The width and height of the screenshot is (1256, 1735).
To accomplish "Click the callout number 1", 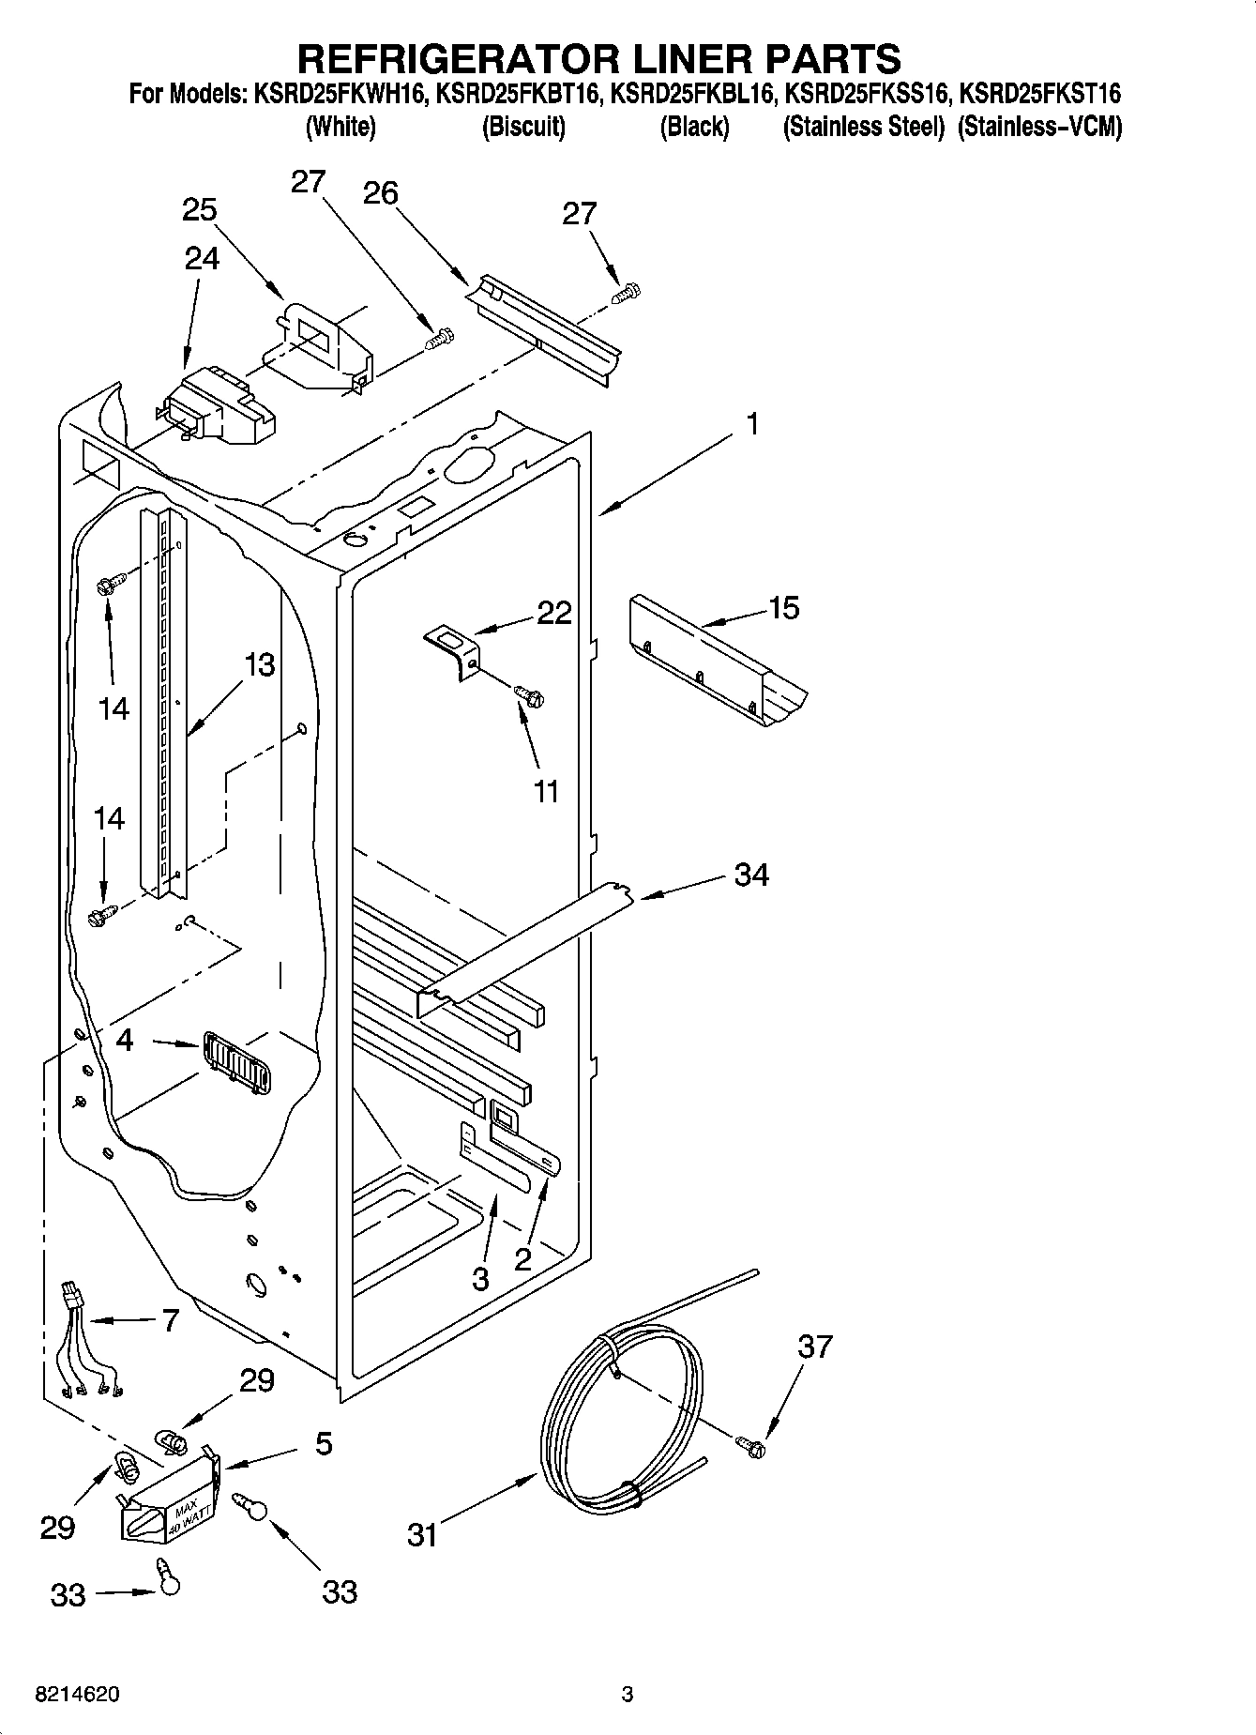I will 752,424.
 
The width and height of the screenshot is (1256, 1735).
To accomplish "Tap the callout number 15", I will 784,608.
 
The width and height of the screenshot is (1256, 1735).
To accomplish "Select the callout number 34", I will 751,875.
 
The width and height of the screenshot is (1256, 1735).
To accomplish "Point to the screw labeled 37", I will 750,1447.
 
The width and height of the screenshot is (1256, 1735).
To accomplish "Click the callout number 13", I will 260,665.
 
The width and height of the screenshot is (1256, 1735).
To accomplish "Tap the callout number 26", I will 381,193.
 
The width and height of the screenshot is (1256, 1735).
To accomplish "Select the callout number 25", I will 200,210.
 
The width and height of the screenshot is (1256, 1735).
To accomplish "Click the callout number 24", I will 202,258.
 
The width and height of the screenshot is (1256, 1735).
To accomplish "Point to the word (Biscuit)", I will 522,127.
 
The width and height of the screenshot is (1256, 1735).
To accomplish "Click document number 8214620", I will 77,1695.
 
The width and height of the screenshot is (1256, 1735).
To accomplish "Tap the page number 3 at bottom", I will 627,1695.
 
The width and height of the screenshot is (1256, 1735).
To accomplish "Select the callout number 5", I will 324,1443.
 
